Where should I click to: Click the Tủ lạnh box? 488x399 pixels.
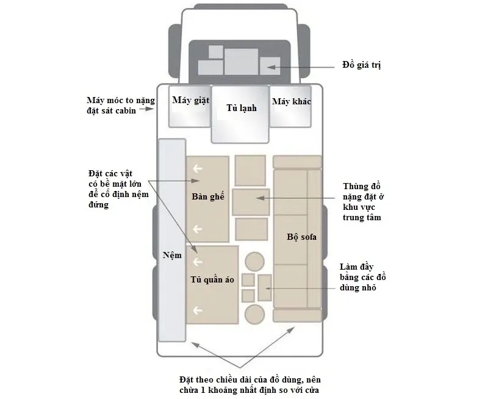point(240,114)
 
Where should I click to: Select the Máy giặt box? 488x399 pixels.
point(190,106)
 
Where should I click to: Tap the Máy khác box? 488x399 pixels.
point(290,106)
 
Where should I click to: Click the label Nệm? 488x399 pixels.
point(172,255)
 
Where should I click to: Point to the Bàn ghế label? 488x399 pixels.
point(208,196)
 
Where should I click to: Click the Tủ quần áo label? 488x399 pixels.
point(212,279)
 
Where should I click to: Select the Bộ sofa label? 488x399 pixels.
point(301,237)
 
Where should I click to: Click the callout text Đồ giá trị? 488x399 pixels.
point(362,65)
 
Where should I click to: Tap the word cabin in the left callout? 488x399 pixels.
point(124,111)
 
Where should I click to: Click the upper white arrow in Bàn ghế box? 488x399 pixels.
point(198,168)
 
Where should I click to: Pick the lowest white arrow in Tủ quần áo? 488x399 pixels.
point(198,311)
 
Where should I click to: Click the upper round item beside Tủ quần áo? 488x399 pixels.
point(254,262)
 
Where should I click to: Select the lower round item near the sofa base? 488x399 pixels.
point(254,314)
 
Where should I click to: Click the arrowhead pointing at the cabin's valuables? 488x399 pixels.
point(270,67)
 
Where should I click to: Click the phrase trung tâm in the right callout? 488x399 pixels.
point(362,218)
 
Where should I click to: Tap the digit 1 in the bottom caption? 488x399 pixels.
point(203,390)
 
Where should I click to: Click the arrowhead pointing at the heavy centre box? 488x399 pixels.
point(260,198)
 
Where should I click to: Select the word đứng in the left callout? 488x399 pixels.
point(99,205)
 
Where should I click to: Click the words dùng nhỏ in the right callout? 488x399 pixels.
point(358,287)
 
